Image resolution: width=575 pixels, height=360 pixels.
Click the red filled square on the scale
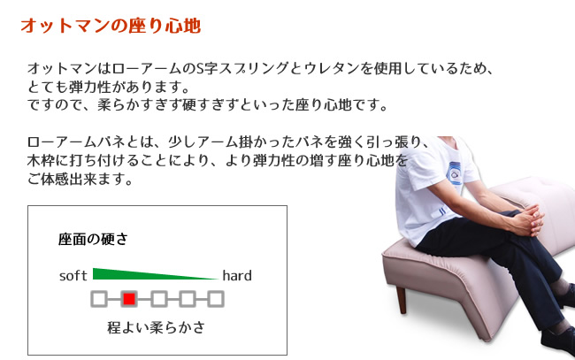129,299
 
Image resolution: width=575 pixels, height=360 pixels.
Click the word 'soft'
73,275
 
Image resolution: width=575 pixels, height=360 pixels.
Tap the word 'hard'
237,275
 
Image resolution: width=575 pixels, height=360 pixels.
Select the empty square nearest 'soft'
99,299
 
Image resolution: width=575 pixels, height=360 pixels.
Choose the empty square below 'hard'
216,299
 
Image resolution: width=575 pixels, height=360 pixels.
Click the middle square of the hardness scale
158,299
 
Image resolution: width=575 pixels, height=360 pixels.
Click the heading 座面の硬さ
93,239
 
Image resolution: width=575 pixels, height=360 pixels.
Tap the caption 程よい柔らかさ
156,327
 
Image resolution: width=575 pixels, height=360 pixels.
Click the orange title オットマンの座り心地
111,26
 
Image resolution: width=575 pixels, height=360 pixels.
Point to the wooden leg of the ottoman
402,300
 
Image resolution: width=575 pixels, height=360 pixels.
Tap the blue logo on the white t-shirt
456,172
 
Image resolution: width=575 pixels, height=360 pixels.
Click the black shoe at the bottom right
558,341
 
